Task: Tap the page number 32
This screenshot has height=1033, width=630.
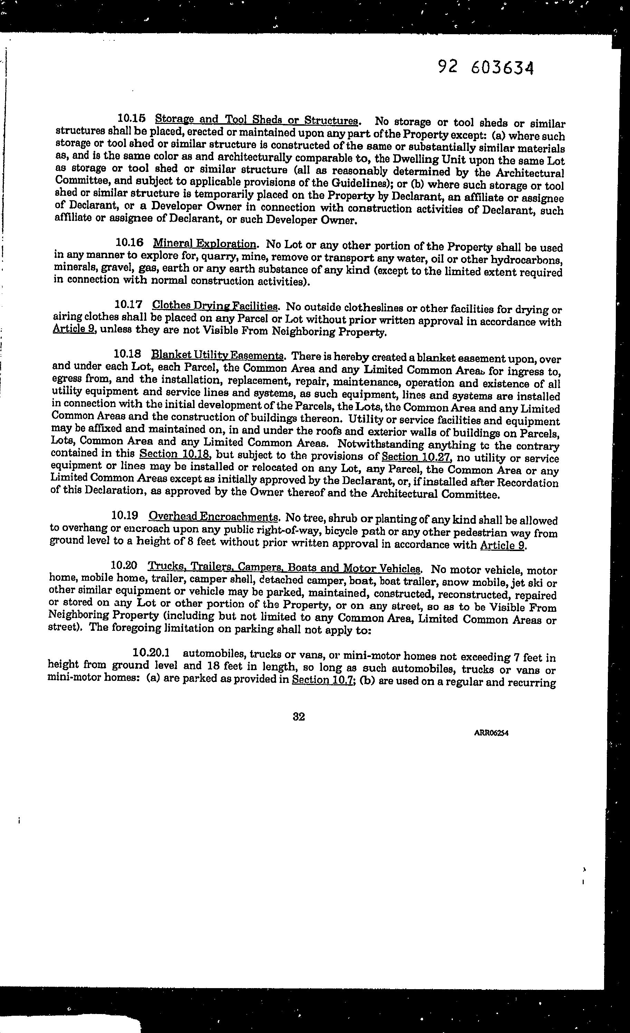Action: tap(299, 716)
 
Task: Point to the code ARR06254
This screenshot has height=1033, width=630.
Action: tap(491, 733)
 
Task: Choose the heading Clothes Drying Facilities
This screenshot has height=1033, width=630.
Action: tap(215, 305)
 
